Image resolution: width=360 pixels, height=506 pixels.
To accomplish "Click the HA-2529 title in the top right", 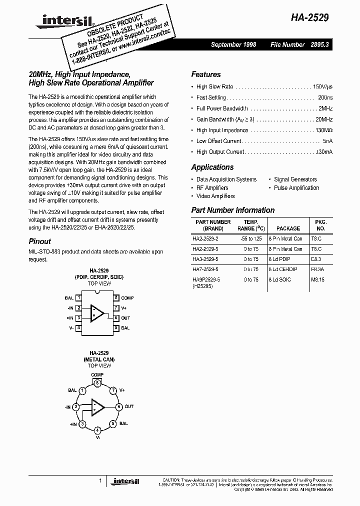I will click(309, 16).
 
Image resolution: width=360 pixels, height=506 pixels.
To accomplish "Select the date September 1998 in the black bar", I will click(233, 44).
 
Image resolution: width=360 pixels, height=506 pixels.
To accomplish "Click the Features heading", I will click(205, 74).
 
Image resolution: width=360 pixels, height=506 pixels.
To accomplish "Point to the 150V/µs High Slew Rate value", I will click(322, 86).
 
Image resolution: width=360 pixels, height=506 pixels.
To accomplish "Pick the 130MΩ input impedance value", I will click(321, 130).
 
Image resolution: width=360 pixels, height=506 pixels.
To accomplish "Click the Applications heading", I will click(212, 167).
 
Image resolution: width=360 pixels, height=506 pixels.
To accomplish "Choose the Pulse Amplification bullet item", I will click(296, 187).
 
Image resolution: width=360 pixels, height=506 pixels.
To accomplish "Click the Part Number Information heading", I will click(233, 210).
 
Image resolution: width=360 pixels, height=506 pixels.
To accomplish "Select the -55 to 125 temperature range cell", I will click(251, 239).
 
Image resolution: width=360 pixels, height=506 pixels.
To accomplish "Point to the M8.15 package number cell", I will click(318, 280).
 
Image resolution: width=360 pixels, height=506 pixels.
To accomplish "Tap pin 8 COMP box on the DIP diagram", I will click(115, 297).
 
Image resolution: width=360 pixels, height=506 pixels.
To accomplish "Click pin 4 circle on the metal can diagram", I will click(97, 429).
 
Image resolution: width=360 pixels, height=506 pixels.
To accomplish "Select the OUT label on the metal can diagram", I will click(129, 406).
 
